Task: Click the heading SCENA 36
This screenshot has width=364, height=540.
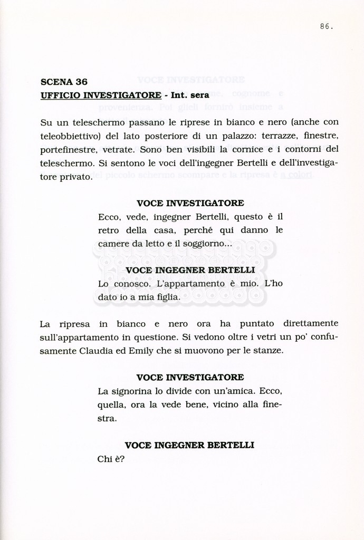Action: click(x=64, y=82)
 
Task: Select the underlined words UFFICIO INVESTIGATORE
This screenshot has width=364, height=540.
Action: click(x=101, y=95)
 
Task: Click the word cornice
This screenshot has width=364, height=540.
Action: click(x=262, y=149)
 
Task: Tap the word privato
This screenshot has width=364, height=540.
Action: click(x=75, y=177)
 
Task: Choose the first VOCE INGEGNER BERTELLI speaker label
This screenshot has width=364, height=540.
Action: click(x=190, y=271)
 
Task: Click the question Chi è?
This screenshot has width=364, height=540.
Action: click(x=111, y=459)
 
